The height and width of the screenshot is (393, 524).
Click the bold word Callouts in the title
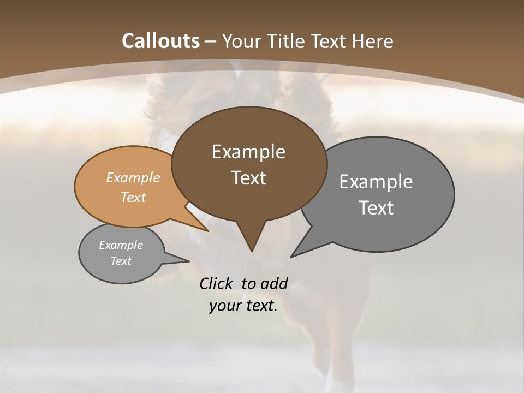(x=160, y=41)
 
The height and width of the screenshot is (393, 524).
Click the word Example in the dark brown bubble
(x=248, y=152)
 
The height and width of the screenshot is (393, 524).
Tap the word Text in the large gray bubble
(x=376, y=208)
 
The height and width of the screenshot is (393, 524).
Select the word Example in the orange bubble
(x=133, y=178)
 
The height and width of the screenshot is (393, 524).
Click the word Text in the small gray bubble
(x=121, y=261)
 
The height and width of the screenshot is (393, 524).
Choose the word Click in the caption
(x=216, y=283)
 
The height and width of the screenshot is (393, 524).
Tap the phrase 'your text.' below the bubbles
(x=243, y=306)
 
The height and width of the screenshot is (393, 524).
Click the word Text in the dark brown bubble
(x=249, y=178)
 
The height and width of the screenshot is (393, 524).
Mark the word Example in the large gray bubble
(x=376, y=182)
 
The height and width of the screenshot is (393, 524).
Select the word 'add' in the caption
(x=273, y=283)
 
